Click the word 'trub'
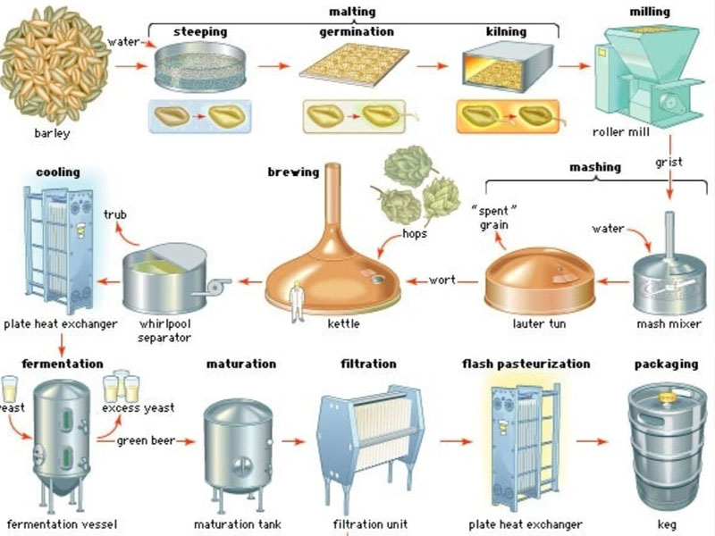(x=115, y=215)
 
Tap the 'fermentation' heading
(x=62, y=364)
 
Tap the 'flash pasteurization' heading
(x=526, y=364)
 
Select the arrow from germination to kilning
(x=432, y=66)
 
